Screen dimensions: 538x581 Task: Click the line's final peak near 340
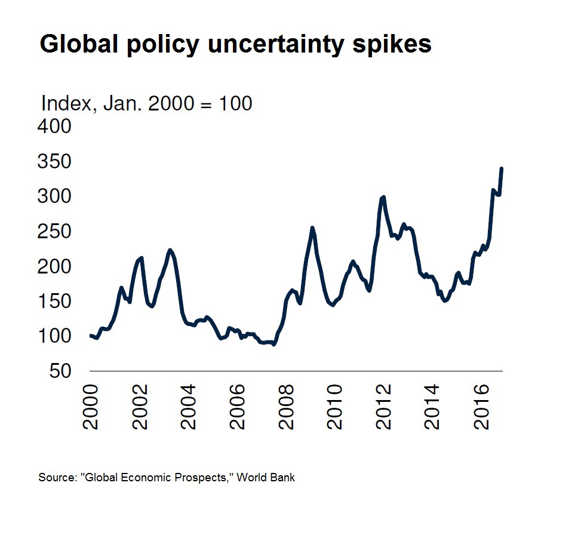(x=502, y=169)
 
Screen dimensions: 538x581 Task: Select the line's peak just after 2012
(x=383, y=197)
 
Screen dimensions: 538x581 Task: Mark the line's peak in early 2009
(x=312, y=228)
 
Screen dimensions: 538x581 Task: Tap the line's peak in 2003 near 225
(x=170, y=250)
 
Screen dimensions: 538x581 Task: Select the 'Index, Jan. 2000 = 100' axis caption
(x=146, y=103)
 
